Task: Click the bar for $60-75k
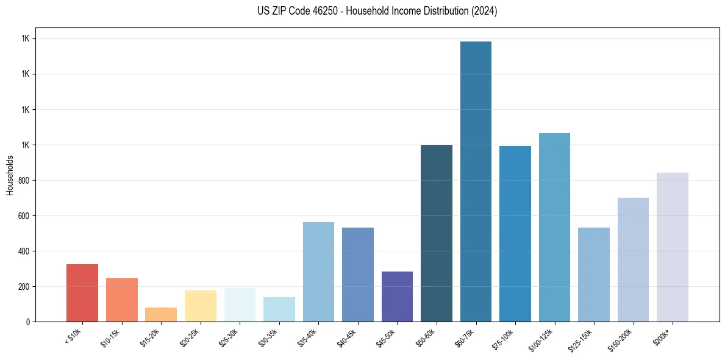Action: click(476, 181)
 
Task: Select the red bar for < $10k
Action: click(82, 293)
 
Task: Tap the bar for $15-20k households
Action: click(161, 314)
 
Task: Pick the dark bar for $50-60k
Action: click(437, 233)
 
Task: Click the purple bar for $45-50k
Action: click(397, 297)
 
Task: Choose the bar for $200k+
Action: click(673, 247)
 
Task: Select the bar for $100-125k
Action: click(554, 227)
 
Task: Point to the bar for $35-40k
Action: click(318, 272)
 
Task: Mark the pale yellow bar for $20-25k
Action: click(201, 306)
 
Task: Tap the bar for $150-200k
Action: click(633, 259)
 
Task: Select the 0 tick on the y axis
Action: click(28, 322)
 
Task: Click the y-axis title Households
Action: click(10, 175)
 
